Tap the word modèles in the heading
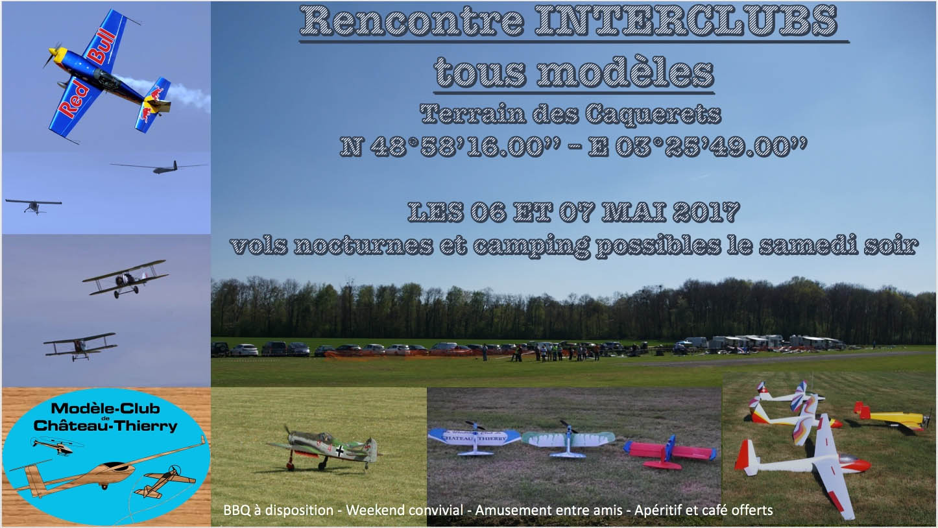(625, 73)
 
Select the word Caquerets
(653, 114)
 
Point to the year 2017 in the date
(706, 212)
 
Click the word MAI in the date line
(634, 212)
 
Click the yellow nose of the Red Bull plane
(58, 54)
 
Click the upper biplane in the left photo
(125, 278)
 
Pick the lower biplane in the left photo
(80, 346)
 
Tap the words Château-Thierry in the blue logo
(106, 426)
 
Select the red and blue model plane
(669, 452)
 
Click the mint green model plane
(568, 439)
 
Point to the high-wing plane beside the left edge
(34, 205)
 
